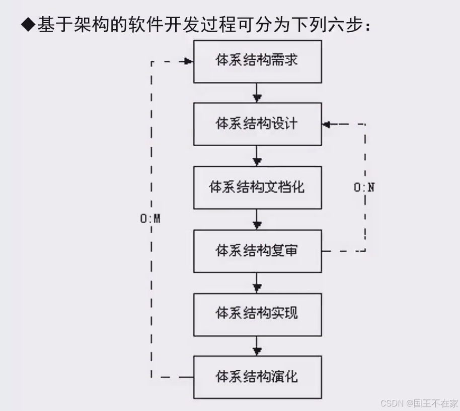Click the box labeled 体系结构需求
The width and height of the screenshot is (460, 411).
(257, 61)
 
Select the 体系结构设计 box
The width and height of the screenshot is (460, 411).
(257, 124)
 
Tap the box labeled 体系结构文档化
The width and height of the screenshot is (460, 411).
(257, 187)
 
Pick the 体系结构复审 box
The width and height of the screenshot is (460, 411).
(257, 251)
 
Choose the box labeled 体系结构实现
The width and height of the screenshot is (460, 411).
(257, 314)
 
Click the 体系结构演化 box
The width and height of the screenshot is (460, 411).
(257, 377)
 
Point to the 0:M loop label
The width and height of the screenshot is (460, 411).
(150, 220)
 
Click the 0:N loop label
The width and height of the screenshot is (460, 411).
(364, 188)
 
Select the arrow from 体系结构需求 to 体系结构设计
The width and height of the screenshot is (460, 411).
(257, 93)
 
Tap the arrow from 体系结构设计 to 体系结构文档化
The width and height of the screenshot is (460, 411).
(257, 156)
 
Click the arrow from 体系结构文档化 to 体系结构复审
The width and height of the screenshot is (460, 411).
(257, 219)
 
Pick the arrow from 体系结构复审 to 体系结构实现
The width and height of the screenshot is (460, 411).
(257, 282)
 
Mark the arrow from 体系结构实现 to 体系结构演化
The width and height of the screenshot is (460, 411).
(257, 346)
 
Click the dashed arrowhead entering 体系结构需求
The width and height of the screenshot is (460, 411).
(189, 61)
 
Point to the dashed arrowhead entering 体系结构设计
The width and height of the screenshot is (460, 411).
(327, 124)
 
